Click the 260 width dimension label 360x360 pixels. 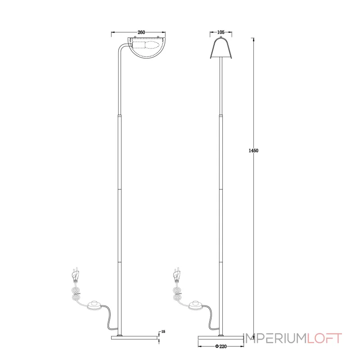[141, 32]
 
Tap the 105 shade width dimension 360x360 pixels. [220, 32]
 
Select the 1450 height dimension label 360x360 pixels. [253, 151]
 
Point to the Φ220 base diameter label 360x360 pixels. [221, 346]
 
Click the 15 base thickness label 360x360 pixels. [163, 332]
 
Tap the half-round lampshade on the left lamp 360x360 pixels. [147, 48]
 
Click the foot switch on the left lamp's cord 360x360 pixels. [94, 305]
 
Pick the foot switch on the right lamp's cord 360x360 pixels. [196, 305]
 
